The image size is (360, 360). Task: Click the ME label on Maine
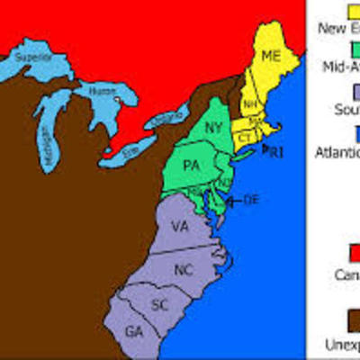coord(270,55)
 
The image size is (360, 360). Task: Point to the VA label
coord(179,229)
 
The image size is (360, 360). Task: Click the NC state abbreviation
coord(184,269)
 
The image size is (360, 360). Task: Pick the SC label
coord(160,305)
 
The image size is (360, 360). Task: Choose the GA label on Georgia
coord(135,331)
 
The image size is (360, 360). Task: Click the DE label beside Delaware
coord(250,199)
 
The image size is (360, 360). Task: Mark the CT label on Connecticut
coord(243,137)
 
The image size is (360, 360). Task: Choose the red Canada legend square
coord(352,248)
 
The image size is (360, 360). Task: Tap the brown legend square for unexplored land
coord(352,319)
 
